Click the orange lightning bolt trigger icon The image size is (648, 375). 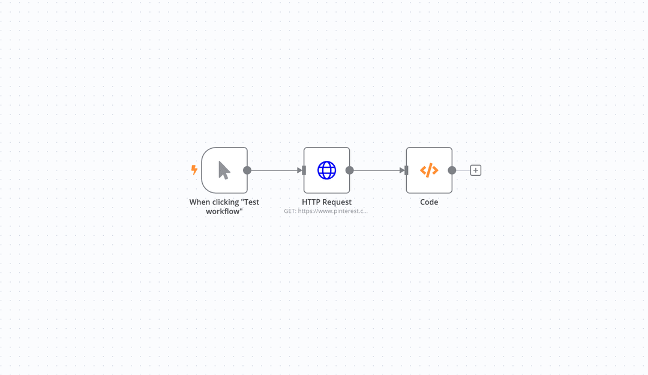tap(194, 170)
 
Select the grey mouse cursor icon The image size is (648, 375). tap(224, 170)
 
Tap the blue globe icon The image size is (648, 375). tap(326, 170)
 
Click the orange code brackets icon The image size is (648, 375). tap(429, 170)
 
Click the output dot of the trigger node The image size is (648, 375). tap(247, 170)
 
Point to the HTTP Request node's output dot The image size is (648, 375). tap(350, 170)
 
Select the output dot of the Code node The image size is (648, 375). tap(452, 170)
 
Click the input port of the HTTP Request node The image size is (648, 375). tap(304, 170)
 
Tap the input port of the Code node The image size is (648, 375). tap(407, 170)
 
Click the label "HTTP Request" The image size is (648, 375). tap(326, 202)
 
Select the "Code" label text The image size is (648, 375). tap(429, 202)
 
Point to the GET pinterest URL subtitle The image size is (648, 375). tap(326, 211)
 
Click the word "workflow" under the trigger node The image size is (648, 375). tap(224, 211)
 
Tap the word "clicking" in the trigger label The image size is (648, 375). tap(226, 202)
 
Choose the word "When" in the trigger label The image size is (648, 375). tap(200, 202)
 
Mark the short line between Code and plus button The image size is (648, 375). tap(463, 170)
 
